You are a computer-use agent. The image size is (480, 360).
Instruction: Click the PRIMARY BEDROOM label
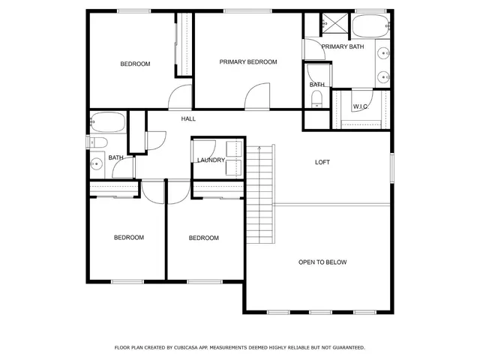pos(248,62)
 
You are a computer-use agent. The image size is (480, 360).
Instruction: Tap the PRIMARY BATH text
pos(343,46)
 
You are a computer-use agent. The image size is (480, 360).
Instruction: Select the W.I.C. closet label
pos(359,106)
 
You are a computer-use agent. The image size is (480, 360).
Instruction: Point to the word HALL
pos(188,118)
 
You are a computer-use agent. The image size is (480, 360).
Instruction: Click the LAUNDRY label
pos(211,160)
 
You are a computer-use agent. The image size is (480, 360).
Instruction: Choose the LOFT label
pos(322,162)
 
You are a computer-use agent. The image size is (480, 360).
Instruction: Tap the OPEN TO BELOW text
pos(322,262)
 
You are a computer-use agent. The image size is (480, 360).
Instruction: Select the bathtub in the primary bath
pos(370,26)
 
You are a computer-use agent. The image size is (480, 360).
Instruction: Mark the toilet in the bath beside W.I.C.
pos(316,100)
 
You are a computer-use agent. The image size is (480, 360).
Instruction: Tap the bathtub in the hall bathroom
pos(107,122)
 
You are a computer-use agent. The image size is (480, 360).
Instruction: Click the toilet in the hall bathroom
pos(97,142)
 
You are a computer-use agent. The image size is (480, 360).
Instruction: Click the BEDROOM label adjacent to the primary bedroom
pos(136,64)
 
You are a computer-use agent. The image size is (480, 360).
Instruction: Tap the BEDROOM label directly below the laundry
pos(203,238)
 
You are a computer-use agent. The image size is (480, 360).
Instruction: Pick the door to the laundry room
pos(204,148)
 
